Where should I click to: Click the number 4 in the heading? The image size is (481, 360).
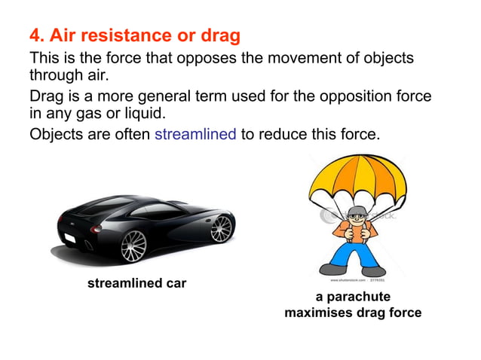pyautogui.click(x=35, y=35)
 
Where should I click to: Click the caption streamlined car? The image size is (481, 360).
pyautogui.click(x=136, y=283)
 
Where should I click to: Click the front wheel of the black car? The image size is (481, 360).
pyautogui.click(x=133, y=246)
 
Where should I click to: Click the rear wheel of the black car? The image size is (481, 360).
pyautogui.click(x=222, y=227)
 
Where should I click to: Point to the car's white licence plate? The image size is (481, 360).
pyautogui.click(x=69, y=238)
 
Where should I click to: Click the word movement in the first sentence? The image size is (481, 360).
pyautogui.click(x=259, y=58)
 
